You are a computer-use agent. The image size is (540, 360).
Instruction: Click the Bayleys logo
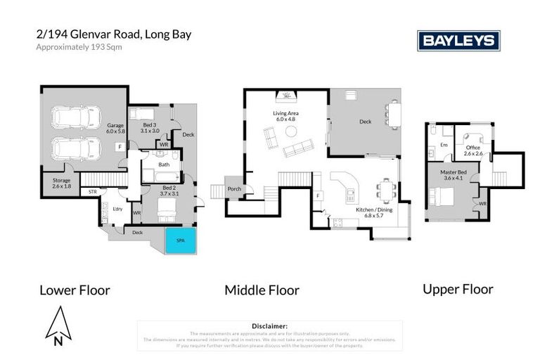(x=458, y=41)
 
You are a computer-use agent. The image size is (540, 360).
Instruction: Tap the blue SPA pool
(x=180, y=240)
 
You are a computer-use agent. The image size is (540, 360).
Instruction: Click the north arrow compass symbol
(x=59, y=326)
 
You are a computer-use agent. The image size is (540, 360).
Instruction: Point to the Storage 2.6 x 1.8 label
(x=61, y=183)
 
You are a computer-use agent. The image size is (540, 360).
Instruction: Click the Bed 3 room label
(x=149, y=128)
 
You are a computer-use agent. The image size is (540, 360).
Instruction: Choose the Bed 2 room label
(x=169, y=190)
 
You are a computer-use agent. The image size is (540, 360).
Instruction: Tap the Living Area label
(x=287, y=116)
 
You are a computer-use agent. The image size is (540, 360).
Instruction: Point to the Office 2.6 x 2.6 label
(x=472, y=150)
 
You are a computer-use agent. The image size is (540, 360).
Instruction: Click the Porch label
(x=234, y=190)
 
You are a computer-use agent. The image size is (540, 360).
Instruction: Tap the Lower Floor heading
(x=75, y=290)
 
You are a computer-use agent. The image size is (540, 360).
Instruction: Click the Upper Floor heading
(x=458, y=289)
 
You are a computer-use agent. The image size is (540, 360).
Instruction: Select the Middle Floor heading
(x=262, y=290)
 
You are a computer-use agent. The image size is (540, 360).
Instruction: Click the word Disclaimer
(x=269, y=326)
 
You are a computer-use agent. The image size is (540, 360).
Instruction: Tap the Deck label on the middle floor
(x=365, y=122)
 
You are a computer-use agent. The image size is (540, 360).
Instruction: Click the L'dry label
(x=117, y=209)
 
